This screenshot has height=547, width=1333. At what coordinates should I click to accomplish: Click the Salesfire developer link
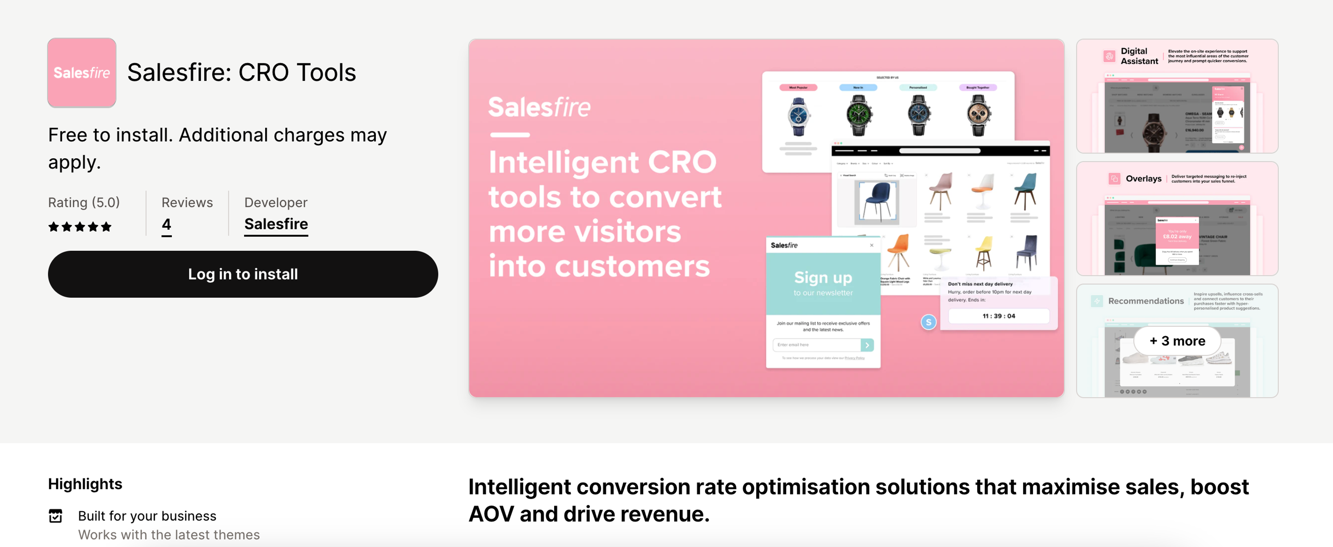[276, 224]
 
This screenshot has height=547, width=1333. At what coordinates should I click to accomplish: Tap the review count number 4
[166, 224]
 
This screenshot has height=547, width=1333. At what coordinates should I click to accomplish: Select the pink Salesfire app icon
[82, 73]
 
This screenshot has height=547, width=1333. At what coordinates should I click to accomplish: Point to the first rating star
[53, 227]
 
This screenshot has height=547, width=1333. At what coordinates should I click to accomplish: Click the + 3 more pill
[1177, 340]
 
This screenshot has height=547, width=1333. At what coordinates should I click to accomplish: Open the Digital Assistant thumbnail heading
[1139, 56]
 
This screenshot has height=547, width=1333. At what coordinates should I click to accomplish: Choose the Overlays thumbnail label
[1143, 179]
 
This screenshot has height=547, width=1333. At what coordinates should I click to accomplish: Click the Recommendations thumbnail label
[1145, 301]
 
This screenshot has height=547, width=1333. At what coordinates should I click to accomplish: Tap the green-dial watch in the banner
[858, 115]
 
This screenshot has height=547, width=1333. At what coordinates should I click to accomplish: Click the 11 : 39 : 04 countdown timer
[998, 316]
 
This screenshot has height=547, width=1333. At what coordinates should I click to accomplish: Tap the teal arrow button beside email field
[867, 345]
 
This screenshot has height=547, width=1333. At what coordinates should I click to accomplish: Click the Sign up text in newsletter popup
[823, 278]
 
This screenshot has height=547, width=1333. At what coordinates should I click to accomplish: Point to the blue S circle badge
[928, 322]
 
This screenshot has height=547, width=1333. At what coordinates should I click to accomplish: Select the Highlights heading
[85, 484]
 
